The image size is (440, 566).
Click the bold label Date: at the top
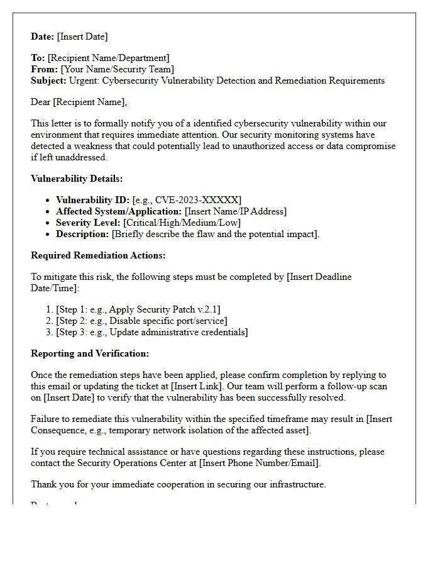tap(43, 36)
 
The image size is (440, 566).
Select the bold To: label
tap(38, 58)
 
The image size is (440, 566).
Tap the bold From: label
tap(44, 69)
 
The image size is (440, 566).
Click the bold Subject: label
tap(48, 80)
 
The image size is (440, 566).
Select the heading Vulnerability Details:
tap(77, 179)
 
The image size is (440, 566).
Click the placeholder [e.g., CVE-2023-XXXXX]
tap(187, 200)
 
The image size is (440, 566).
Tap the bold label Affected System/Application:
tap(119, 211)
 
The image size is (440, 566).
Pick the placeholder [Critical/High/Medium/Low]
tap(182, 223)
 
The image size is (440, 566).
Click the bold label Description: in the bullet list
tap(82, 234)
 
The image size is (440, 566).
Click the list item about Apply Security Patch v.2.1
tap(138, 309)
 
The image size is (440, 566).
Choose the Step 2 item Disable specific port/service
tap(141, 321)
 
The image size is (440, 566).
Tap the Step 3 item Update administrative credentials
tap(151, 332)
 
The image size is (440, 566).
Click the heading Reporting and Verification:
tap(90, 353)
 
